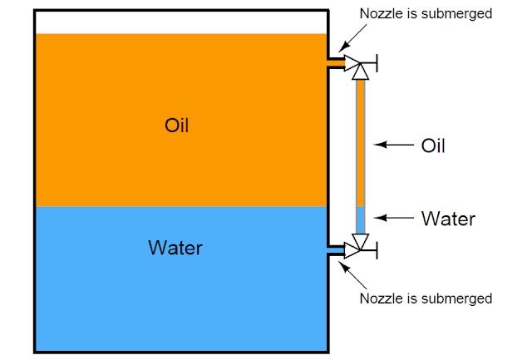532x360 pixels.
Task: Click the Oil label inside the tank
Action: (x=176, y=126)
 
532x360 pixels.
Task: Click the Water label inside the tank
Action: (x=175, y=248)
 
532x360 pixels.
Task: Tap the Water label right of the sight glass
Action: (x=448, y=219)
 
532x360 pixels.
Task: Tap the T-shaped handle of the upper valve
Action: (x=377, y=62)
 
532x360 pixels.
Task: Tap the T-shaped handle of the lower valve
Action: (x=377, y=249)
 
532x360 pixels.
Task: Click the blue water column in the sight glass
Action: (x=360, y=219)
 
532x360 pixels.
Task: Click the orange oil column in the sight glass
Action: (x=360, y=141)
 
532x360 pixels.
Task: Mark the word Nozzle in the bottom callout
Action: (x=379, y=298)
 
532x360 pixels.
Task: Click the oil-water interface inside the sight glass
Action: (x=360, y=206)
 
